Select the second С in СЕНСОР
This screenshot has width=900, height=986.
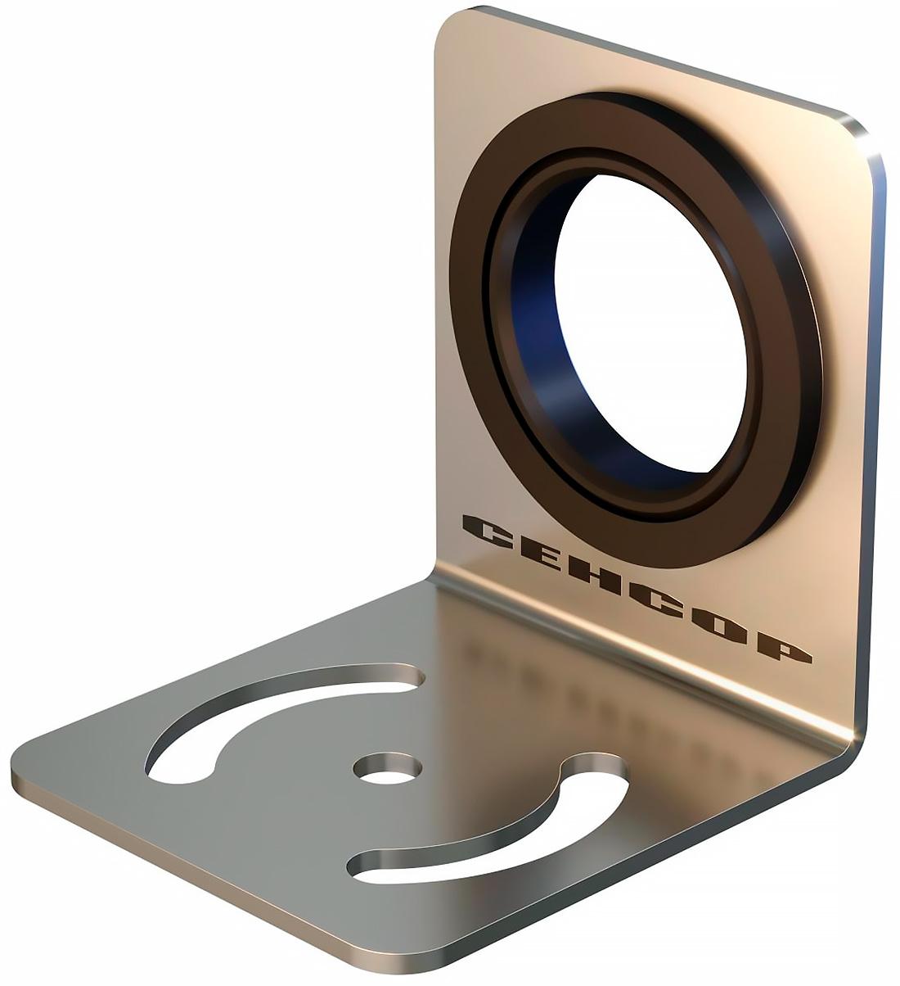click(x=662, y=598)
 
